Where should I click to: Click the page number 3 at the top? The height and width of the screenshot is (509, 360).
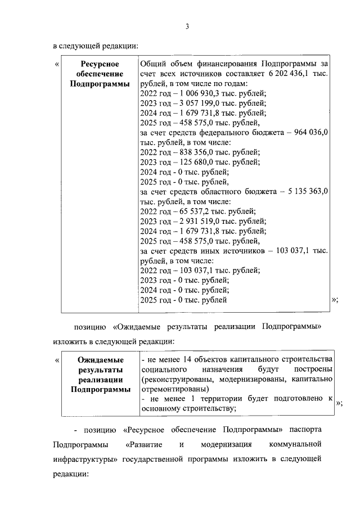click(187, 25)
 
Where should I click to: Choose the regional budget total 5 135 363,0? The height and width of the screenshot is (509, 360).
click(306, 191)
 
